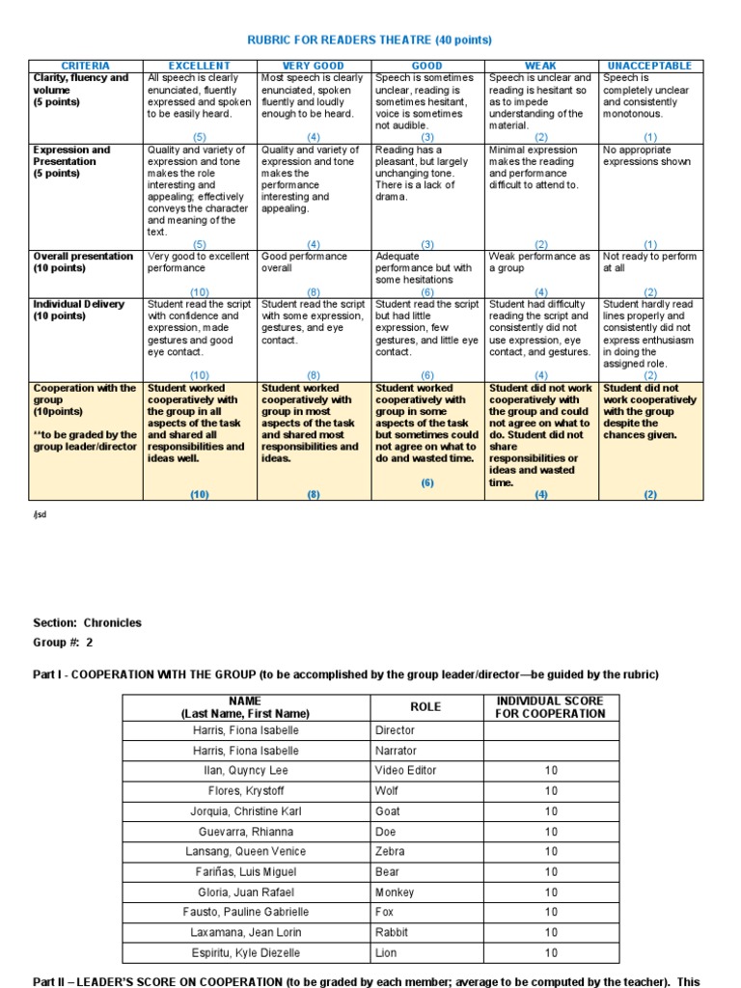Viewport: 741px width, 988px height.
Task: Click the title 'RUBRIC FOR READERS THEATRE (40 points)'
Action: (370, 40)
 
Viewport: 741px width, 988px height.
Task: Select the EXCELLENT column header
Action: (200, 66)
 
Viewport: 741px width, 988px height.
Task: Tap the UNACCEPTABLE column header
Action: (651, 66)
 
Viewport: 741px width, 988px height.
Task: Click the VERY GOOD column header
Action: (314, 66)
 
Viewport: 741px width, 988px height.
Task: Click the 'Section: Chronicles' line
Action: (87, 623)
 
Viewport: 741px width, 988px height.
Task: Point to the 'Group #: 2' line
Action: (64, 643)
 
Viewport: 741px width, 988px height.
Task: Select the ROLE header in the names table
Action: (425, 706)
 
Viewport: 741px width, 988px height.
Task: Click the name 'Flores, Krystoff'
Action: (245, 790)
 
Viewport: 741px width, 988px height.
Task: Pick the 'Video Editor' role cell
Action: (405, 770)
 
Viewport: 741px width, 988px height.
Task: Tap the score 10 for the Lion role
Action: (550, 953)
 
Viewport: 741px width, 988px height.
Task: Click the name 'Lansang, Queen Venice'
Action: (245, 851)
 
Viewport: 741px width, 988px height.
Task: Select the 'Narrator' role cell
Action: (396, 750)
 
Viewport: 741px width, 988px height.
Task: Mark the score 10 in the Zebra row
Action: (550, 851)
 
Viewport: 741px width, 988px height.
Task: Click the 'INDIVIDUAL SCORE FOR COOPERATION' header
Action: (550, 706)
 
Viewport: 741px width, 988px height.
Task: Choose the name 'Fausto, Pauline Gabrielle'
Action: (245, 912)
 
